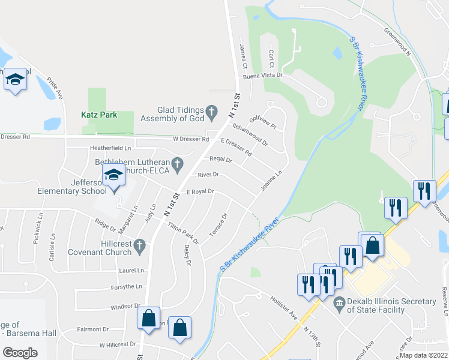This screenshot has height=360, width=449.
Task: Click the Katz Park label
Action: (x=99, y=114)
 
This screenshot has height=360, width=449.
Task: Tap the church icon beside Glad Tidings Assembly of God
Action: (x=211, y=110)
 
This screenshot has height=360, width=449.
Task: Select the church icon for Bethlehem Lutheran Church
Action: (x=177, y=163)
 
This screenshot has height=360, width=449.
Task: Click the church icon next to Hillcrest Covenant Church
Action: (x=139, y=245)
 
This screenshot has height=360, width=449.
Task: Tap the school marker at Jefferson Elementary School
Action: (x=113, y=175)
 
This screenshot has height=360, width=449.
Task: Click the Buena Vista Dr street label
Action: (x=262, y=77)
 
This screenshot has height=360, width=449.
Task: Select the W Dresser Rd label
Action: (x=191, y=139)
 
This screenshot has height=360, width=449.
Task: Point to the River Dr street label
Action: (x=208, y=175)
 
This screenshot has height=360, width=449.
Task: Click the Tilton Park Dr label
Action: (x=183, y=232)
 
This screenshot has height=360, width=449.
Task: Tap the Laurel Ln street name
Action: (x=131, y=271)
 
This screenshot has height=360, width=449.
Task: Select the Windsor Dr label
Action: (x=125, y=306)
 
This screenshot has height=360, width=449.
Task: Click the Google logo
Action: (x=20, y=352)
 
